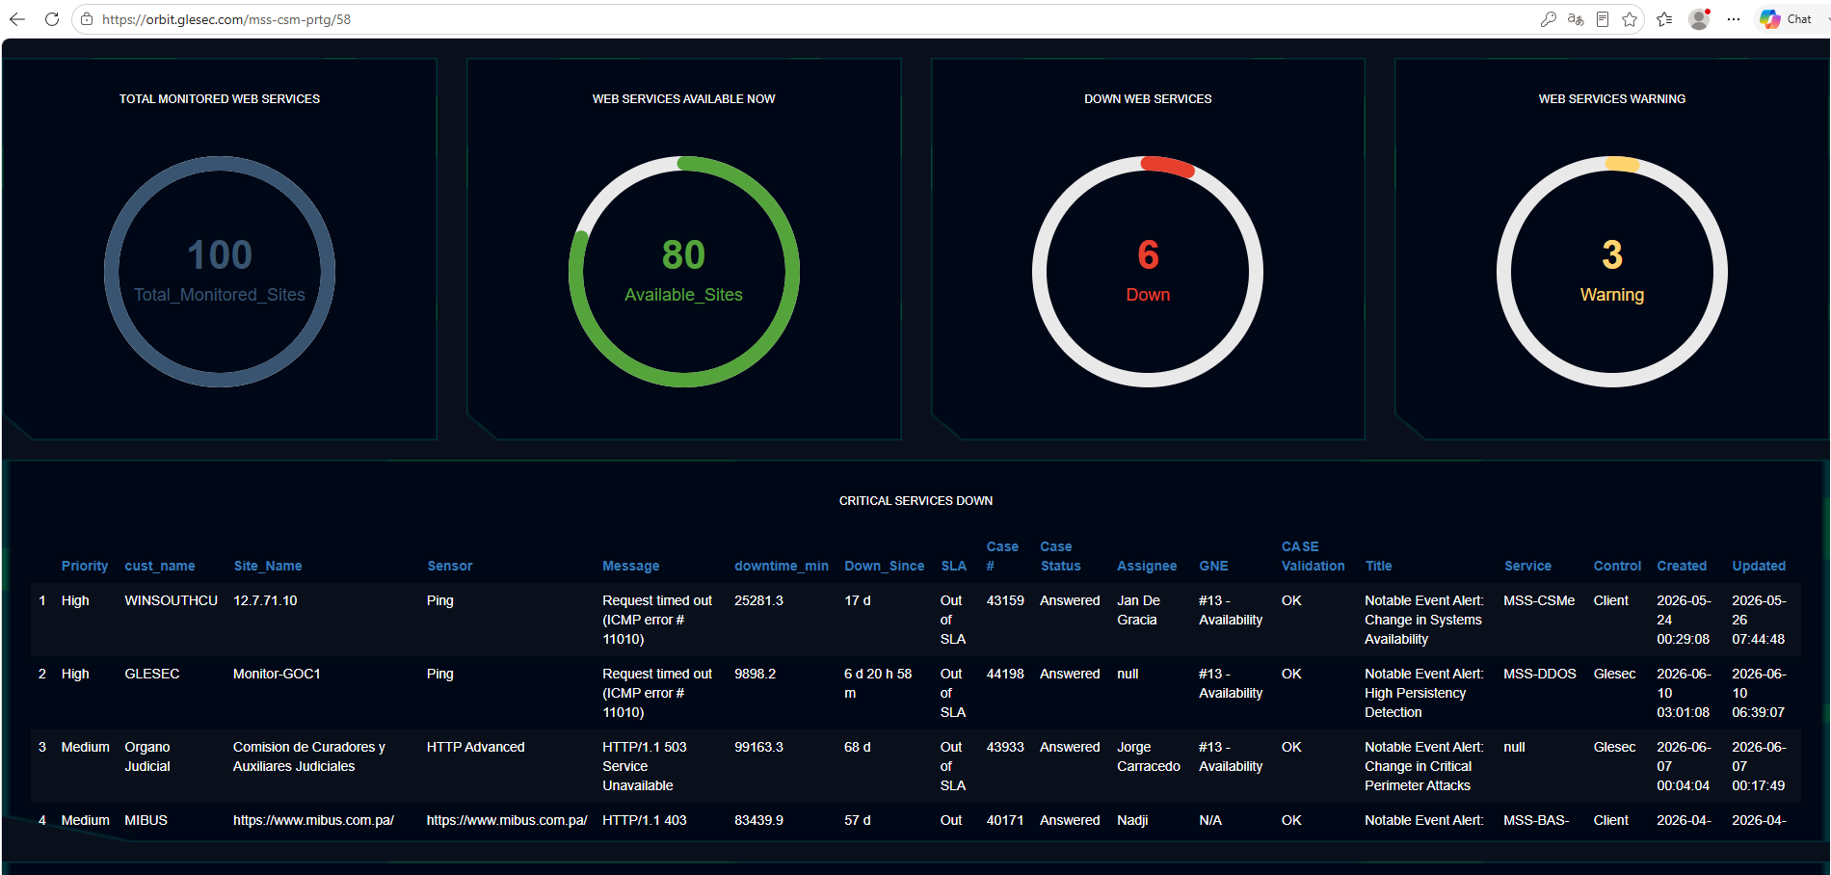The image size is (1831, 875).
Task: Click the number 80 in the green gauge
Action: [x=683, y=255]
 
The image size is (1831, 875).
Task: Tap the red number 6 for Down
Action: [x=1148, y=255]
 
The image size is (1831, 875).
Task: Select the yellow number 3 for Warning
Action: [x=1612, y=255]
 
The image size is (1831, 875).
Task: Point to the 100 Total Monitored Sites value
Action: [x=220, y=255]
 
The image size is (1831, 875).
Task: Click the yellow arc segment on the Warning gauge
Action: [x=1622, y=164]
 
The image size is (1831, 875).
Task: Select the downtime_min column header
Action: [x=782, y=566]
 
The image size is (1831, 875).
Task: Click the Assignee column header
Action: [x=1147, y=566]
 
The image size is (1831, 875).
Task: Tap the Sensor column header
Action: [x=450, y=566]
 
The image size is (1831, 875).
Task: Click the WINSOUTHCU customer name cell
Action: [x=171, y=600]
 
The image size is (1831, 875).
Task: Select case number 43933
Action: [x=1005, y=747]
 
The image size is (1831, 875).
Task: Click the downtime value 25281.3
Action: [x=758, y=600]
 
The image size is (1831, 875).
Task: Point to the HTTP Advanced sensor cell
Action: [x=476, y=747]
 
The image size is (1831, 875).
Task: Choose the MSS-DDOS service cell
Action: [x=1540, y=674]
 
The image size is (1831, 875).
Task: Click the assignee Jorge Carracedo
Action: [x=1149, y=756]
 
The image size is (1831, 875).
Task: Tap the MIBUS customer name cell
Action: [x=146, y=820]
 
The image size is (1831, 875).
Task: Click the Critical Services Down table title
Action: [x=915, y=501]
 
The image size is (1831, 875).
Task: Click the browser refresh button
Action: [x=52, y=19]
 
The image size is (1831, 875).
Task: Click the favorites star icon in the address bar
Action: [x=1630, y=19]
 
